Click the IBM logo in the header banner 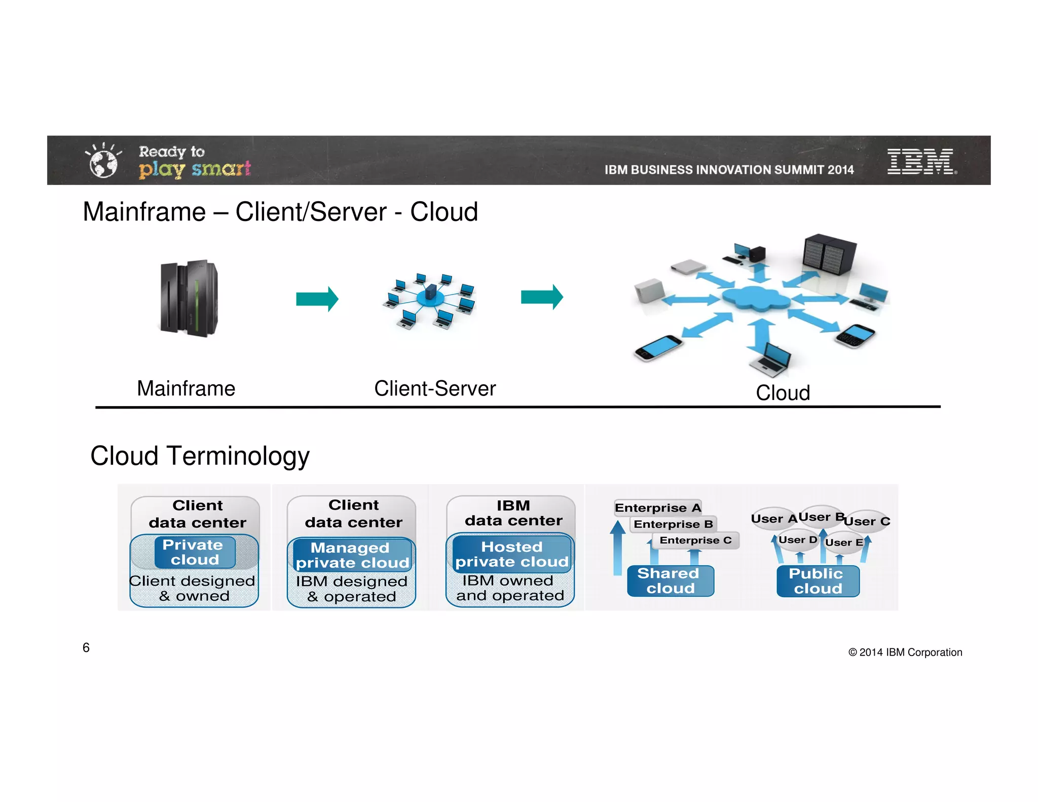[x=920, y=161]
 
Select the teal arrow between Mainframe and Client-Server [x=317, y=299]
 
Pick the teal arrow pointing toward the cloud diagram [x=542, y=297]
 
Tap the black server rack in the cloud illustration [x=829, y=254]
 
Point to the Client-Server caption [x=434, y=389]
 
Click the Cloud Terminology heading [x=200, y=456]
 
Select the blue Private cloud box [x=195, y=552]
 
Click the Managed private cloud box [x=352, y=555]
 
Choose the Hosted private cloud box [x=511, y=554]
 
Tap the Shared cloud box [x=670, y=581]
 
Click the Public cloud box [x=818, y=581]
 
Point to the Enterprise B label [x=673, y=524]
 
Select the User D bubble [x=797, y=540]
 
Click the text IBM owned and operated [x=509, y=588]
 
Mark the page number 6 [x=86, y=647]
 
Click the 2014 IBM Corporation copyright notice [x=905, y=652]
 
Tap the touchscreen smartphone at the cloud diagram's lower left [x=658, y=348]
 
